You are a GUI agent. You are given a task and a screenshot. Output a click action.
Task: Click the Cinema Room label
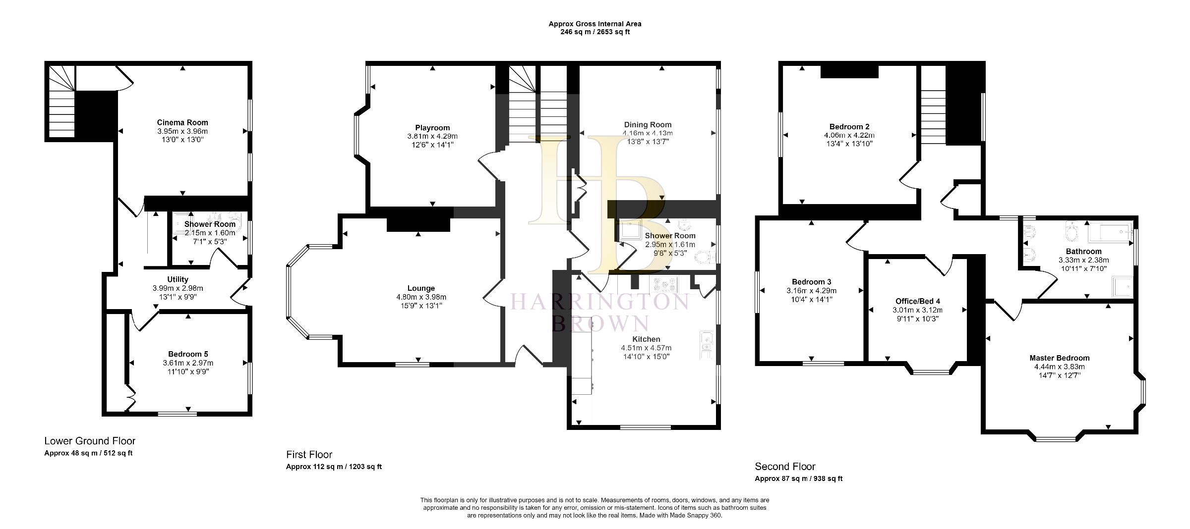[182, 122]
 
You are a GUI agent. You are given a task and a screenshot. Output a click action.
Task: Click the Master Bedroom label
[1059, 358]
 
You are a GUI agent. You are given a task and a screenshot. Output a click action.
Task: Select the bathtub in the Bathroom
[1110, 232]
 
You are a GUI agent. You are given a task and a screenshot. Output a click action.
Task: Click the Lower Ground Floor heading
[90, 441]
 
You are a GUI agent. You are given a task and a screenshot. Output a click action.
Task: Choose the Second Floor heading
[785, 467]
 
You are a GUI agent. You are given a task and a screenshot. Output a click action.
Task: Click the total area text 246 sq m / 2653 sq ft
[595, 32]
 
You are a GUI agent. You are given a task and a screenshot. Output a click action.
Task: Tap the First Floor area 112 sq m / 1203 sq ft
[334, 467]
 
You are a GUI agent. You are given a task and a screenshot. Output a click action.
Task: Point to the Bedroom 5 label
[188, 354]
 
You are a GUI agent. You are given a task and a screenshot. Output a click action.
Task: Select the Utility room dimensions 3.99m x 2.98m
[178, 288]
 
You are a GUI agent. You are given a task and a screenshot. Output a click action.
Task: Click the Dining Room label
[648, 125]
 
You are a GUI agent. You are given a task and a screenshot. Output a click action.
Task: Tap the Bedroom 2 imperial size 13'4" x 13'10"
[849, 144]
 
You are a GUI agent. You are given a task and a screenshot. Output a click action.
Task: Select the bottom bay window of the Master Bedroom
[1056, 438]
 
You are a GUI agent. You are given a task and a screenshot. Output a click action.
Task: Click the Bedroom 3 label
[811, 282]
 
